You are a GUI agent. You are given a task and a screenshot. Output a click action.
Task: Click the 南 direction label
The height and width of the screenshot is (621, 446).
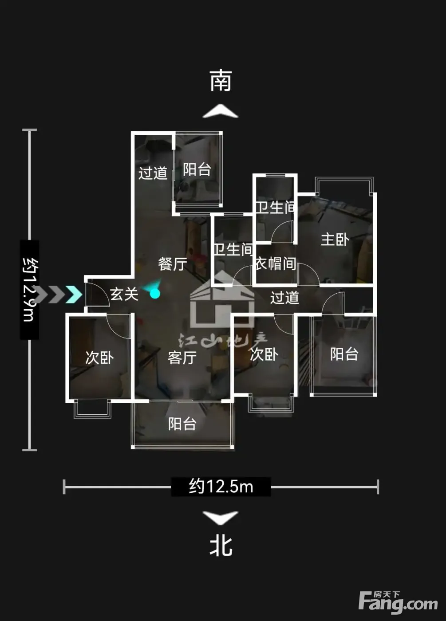(x=221, y=80)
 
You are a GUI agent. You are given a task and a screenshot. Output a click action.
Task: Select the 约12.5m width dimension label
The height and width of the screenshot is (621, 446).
(x=221, y=487)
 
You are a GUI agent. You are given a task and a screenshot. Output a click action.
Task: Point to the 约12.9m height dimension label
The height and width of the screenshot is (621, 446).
(x=29, y=290)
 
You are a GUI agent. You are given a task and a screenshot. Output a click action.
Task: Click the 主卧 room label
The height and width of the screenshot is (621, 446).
(x=335, y=240)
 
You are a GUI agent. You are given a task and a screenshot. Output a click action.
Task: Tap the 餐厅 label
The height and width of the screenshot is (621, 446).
(x=173, y=264)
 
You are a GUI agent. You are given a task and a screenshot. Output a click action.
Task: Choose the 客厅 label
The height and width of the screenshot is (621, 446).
(x=182, y=358)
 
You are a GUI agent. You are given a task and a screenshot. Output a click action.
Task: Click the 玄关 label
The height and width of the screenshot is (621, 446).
(x=124, y=294)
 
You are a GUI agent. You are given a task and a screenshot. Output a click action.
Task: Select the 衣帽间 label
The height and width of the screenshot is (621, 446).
(x=276, y=263)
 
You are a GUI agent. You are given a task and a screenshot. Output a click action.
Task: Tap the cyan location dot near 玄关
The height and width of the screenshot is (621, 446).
(x=155, y=294)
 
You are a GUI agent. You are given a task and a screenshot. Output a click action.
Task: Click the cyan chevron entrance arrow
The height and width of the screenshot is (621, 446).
(x=74, y=294)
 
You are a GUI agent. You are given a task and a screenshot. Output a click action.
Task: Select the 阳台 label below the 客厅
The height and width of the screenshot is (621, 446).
(x=182, y=424)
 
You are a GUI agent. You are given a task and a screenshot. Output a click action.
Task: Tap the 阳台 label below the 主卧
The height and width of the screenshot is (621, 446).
(x=344, y=354)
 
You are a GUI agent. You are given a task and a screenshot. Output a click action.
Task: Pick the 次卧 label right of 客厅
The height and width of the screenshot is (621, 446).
(x=264, y=354)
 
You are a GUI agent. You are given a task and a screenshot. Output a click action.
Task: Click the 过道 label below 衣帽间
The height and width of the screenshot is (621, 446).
(x=284, y=298)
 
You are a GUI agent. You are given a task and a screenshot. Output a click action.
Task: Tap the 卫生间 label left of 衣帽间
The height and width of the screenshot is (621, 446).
(x=233, y=249)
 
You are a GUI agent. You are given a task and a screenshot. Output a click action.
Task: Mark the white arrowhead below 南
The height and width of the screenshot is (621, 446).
(x=221, y=111)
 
